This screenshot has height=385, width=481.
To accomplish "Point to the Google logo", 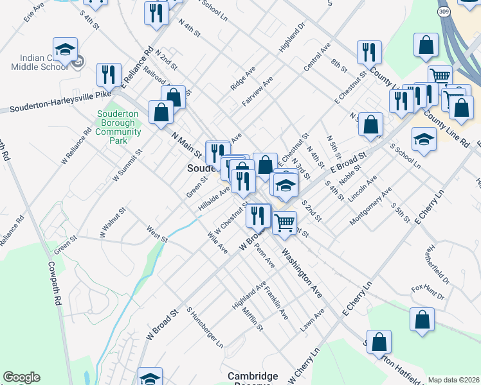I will [x=21, y=377].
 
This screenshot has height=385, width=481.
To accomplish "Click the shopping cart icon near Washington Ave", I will [x=284, y=223].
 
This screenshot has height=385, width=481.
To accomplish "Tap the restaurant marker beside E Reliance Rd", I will [x=109, y=74].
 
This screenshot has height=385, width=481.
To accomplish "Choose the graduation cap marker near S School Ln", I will [x=424, y=140].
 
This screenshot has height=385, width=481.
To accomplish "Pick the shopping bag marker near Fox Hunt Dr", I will [x=422, y=320].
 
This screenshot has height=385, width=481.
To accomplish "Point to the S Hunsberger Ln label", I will [x=204, y=327].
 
